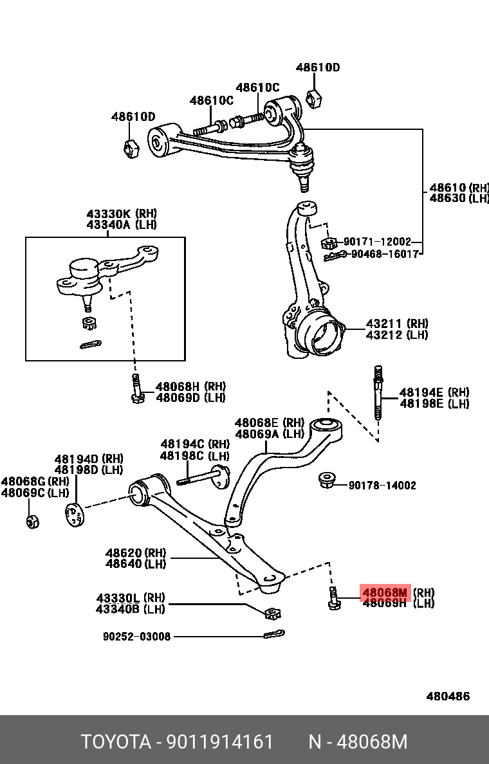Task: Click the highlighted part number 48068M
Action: pyautogui.click(x=385, y=592)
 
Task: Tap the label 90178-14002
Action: pyautogui.click(x=382, y=486)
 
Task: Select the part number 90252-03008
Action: pyautogui.click(x=137, y=637)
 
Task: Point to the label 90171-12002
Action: pyautogui.click(x=377, y=242)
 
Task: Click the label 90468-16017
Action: pyautogui.click(x=385, y=254)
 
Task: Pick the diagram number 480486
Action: pyautogui.click(x=448, y=696)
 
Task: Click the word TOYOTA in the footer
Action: pyautogui.click(x=115, y=741)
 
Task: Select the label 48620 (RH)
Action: pyautogui.click(x=136, y=553)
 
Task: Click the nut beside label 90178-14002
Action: pyautogui.click(x=328, y=480)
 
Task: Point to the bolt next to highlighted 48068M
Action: pyautogui.click(x=333, y=599)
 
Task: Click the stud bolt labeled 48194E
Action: pyautogui.click(x=378, y=392)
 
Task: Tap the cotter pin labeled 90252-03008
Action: pyautogui.click(x=273, y=635)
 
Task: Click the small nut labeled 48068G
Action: pyautogui.click(x=33, y=520)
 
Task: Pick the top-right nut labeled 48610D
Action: pyautogui.click(x=315, y=98)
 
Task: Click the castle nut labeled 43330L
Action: pyautogui.click(x=273, y=612)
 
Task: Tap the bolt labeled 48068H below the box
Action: pyautogui.click(x=136, y=389)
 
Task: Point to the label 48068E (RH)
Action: pyautogui.click(x=269, y=423)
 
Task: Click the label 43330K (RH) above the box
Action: pyautogui.click(x=122, y=214)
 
